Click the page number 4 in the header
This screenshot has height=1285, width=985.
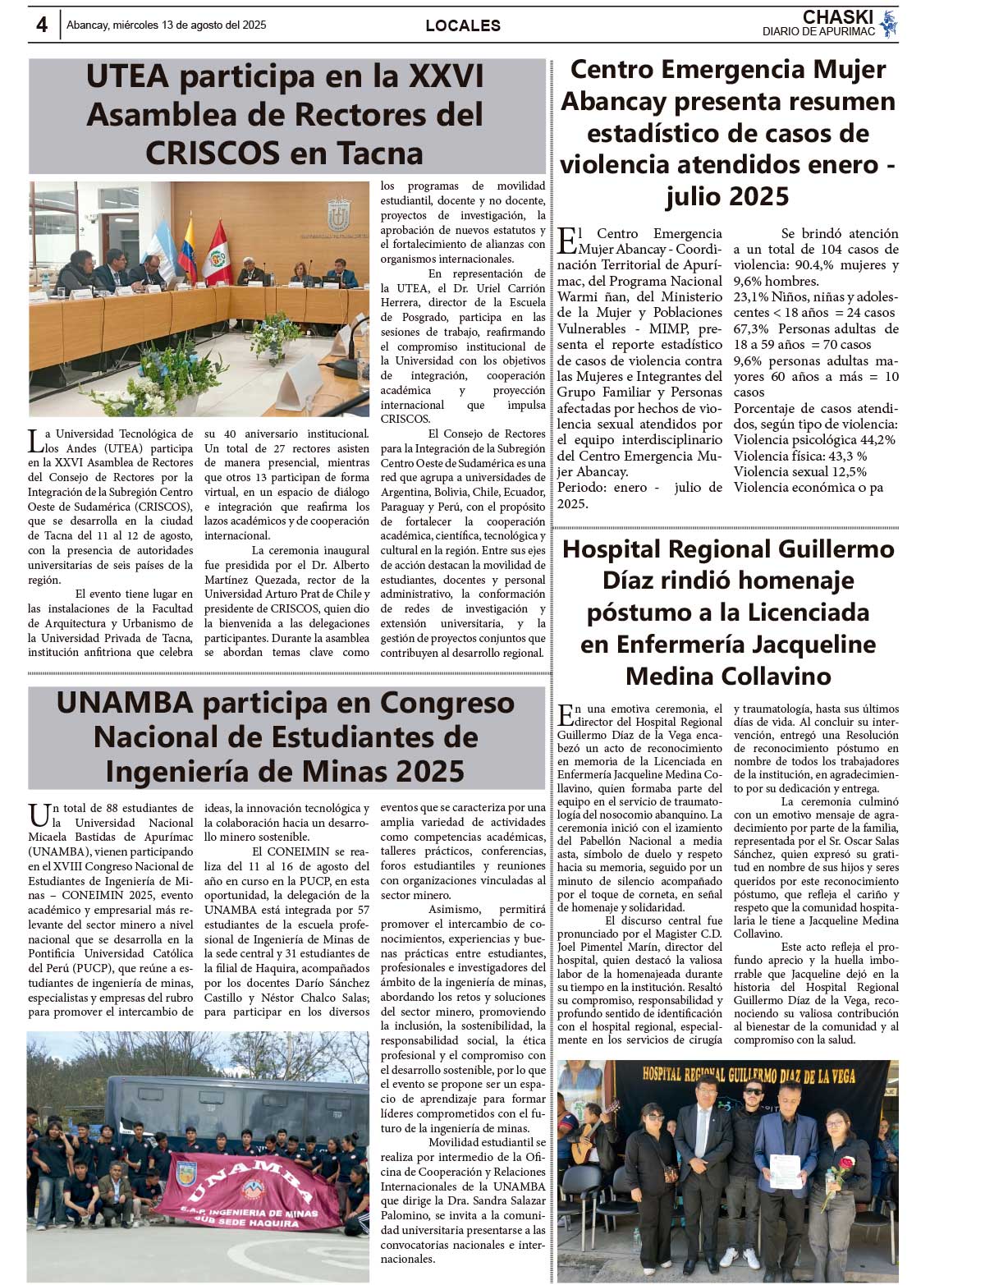click(x=42, y=25)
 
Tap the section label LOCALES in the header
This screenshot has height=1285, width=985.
click(x=463, y=26)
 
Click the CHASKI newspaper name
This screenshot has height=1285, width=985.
click(x=837, y=17)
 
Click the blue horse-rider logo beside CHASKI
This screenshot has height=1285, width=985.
click(x=888, y=24)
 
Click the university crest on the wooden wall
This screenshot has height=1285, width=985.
click(x=339, y=214)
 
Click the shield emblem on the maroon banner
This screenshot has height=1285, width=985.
click(x=186, y=1173)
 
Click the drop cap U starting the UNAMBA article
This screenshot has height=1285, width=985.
click(x=39, y=816)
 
